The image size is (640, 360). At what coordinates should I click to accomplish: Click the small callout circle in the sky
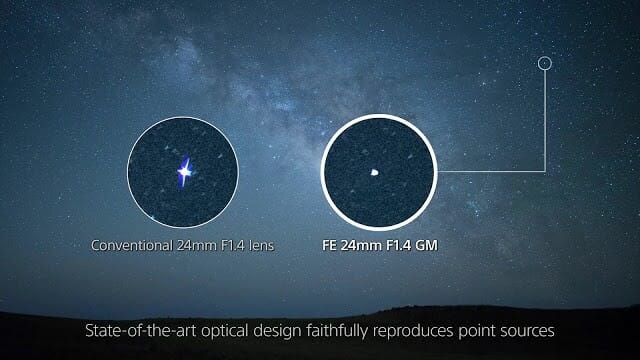coord(544,57)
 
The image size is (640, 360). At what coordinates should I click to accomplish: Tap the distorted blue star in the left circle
coord(184,171)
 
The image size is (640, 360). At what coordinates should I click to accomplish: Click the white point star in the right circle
coord(374,173)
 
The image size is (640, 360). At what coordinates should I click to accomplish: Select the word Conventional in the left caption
coord(132,245)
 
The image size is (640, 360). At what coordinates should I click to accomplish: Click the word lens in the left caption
coord(262,245)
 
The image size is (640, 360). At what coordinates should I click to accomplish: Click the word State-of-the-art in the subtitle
coord(141,330)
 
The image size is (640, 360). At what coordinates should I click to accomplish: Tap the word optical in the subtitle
coord(225,331)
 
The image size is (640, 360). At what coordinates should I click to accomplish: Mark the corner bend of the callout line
coord(545,171)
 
